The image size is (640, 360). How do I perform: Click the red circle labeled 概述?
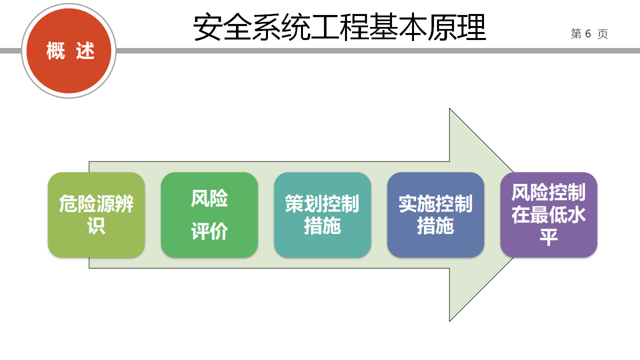coord(69,50)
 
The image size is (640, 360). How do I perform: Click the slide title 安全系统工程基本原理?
coord(339,28)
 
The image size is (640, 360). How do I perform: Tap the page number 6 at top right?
coord(588,33)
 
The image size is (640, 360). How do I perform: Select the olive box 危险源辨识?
coord(96,215)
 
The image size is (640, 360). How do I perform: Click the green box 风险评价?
coord(209,215)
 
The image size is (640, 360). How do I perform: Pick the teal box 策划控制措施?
coord(322,215)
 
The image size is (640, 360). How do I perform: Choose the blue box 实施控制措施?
coord(435,215)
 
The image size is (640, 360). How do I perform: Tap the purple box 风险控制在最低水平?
coord(548,215)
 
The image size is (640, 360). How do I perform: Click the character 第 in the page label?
coord(576,34)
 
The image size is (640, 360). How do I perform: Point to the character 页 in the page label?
coord(602,34)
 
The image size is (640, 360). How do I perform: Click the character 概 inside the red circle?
coord(56,51)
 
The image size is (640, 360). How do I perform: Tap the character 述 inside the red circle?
coord(85,51)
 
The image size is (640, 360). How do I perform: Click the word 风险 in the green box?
coord(209,198)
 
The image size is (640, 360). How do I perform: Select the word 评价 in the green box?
coord(209,231)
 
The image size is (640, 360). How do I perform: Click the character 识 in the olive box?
coord(96,226)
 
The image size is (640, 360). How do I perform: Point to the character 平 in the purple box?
coord(548,237)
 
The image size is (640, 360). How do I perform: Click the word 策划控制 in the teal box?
coord(322,204)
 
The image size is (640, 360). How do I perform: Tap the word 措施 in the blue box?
coord(435,226)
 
